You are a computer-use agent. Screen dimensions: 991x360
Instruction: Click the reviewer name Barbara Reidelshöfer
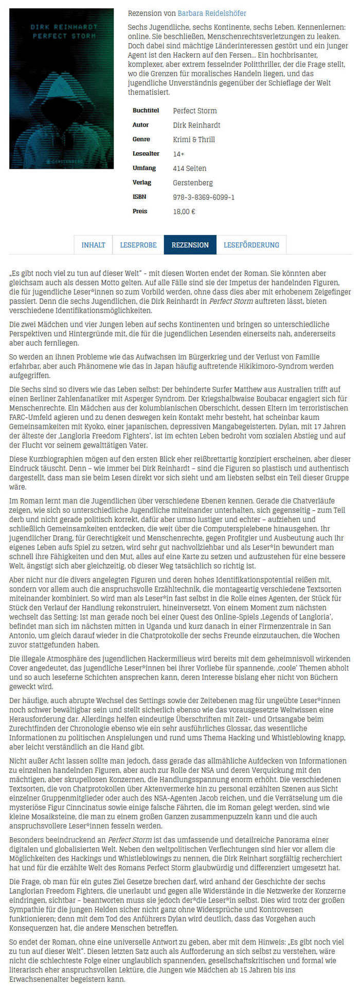tap(212, 13)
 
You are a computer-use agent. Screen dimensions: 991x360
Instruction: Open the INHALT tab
tap(93, 245)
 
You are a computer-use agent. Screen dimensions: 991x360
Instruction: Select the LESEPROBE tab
tap(138, 245)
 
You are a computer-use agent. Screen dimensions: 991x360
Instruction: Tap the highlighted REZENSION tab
tap(190, 245)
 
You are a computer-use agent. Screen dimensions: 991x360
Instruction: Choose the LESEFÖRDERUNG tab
tap(251, 245)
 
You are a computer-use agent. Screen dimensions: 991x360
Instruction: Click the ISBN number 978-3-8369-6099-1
tap(204, 197)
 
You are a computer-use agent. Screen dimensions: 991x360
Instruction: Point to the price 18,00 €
tap(184, 211)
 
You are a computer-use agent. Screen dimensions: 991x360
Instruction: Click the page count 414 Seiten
tap(189, 168)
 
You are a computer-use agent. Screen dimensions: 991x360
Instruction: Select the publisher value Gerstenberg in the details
tap(192, 183)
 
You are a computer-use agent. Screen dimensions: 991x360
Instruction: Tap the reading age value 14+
tap(178, 154)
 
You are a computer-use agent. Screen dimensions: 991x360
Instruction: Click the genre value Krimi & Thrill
tap(194, 139)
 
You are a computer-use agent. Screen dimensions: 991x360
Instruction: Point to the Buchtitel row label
tap(146, 111)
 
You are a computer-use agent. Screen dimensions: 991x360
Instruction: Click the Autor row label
tap(140, 125)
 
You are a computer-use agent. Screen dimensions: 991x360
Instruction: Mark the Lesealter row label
tap(146, 154)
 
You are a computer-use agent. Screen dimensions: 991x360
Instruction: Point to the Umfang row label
tap(143, 168)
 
